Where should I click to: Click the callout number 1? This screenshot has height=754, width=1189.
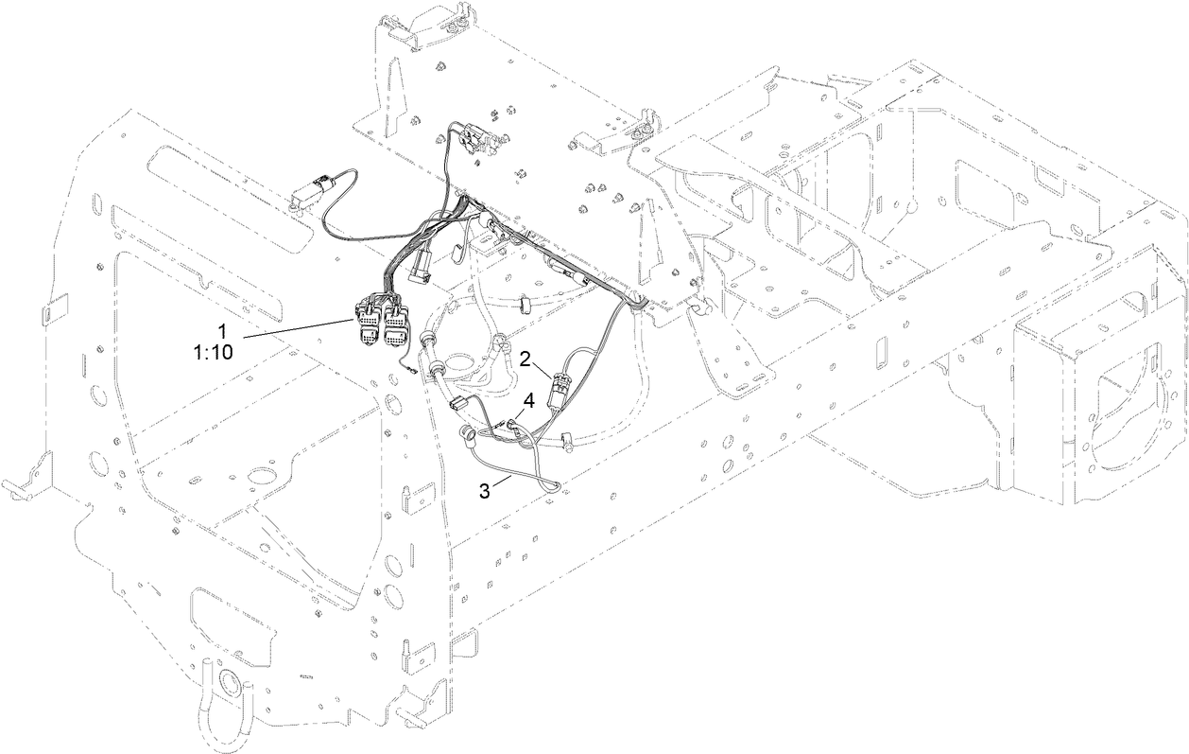pyautogui.click(x=222, y=331)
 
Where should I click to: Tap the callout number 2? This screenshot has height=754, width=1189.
pyautogui.click(x=526, y=359)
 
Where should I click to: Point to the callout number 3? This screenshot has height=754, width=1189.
pyautogui.click(x=485, y=490)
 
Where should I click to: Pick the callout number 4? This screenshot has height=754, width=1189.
pyautogui.click(x=529, y=400)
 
